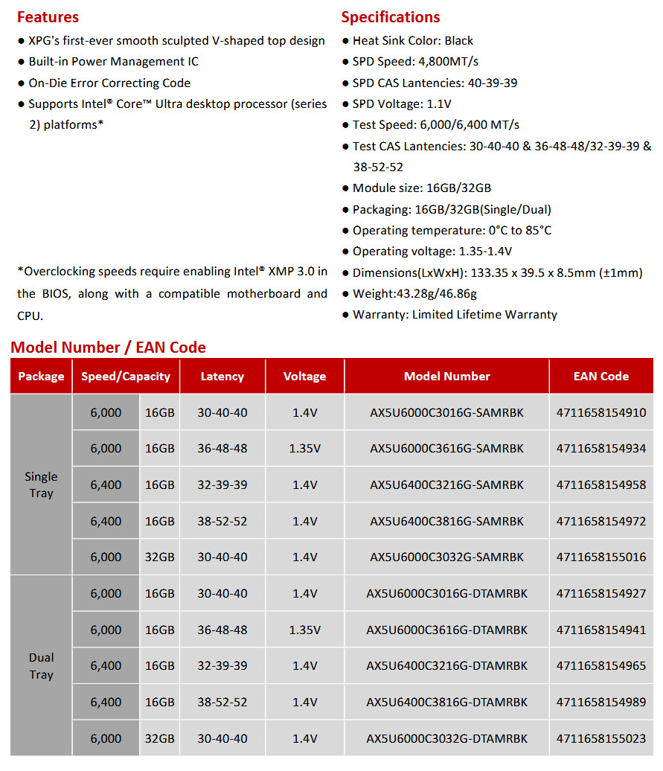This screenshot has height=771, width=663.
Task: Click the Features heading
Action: (48, 17)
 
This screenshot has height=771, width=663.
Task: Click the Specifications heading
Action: (390, 17)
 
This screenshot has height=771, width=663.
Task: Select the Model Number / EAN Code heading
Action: (108, 348)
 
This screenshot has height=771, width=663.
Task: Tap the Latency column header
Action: (222, 377)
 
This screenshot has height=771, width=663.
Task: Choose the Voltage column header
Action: (304, 377)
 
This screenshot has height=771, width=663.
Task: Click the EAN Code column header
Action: (600, 377)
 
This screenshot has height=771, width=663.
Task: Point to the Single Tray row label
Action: (41, 484)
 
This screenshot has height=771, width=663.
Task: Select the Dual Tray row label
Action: (41, 666)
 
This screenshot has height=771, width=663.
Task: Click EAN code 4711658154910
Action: (600, 412)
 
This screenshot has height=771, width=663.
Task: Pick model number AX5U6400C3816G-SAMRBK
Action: (446, 521)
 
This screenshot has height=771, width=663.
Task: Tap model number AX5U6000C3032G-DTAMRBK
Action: (446, 738)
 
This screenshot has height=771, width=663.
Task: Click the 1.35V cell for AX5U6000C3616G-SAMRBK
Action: (304, 448)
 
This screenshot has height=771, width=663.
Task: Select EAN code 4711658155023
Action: (600, 738)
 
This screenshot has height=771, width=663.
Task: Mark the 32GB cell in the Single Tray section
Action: (160, 557)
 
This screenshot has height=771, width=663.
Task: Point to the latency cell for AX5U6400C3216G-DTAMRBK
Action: (222, 665)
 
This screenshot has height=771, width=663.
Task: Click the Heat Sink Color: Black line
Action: (412, 41)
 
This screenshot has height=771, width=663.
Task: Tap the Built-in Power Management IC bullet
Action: (113, 62)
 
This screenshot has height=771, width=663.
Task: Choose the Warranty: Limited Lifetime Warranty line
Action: (455, 315)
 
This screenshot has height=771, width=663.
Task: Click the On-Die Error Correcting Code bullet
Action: (109, 83)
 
